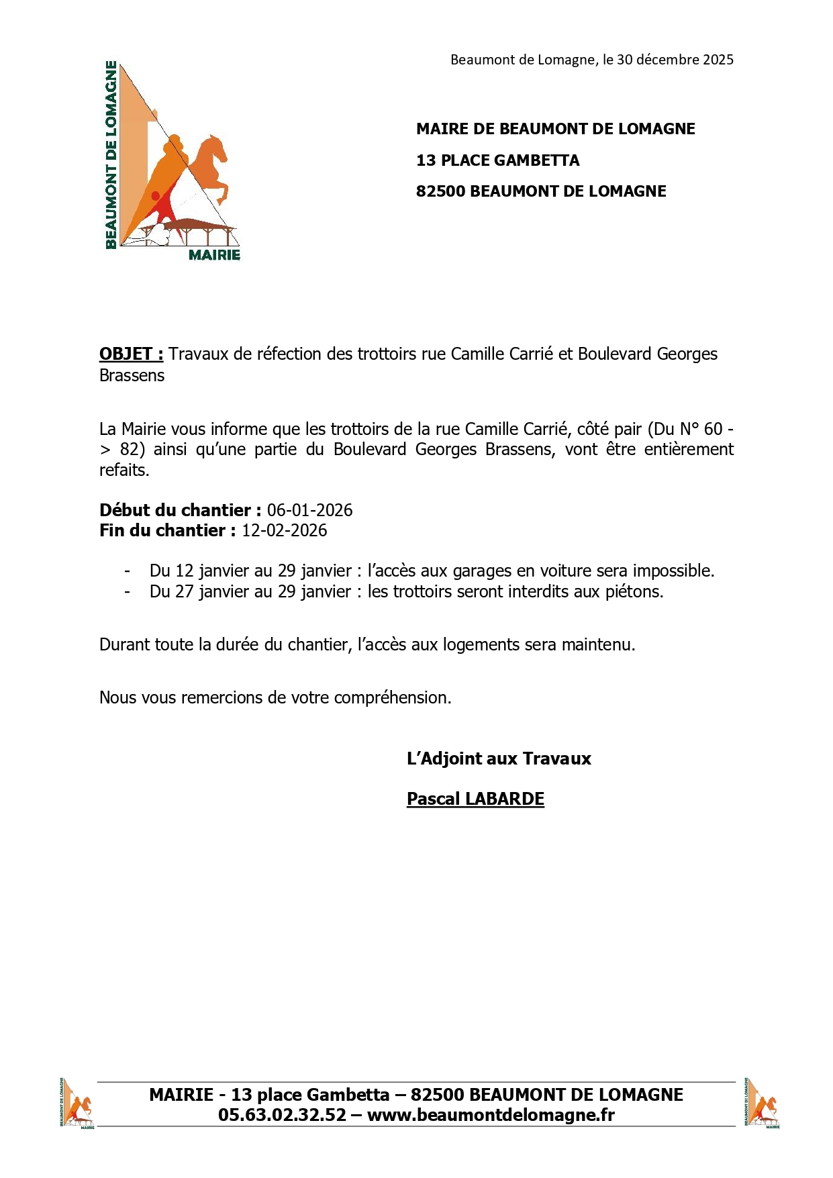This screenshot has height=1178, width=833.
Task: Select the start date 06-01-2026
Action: pyautogui.click(x=309, y=510)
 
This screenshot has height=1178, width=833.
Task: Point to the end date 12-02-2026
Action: pyautogui.click(x=284, y=530)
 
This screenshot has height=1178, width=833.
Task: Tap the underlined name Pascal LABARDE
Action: pyautogui.click(x=475, y=799)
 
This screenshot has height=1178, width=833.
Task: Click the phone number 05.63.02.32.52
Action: pyautogui.click(x=282, y=1115)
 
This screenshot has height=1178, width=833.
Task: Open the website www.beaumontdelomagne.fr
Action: pyautogui.click(x=491, y=1115)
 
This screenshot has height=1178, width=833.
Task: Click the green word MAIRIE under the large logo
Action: pyautogui.click(x=214, y=255)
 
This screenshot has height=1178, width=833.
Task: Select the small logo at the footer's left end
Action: pyautogui.click(x=77, y=1103)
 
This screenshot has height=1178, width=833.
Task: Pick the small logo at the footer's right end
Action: pyautogui.click(x=762, y=1103)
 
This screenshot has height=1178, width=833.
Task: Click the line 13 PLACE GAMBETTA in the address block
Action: pyautogui.click(x=497, y=160)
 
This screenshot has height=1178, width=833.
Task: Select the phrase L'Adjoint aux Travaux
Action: pyautogui.click(x=499, y=758)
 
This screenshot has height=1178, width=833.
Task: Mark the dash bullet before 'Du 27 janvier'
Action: pyautogui.click(x=127, y=591)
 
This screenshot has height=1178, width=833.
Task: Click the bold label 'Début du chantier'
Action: pyautogui.click(x=175, y=510)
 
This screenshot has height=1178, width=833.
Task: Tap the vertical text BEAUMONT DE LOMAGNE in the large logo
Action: pyautogui.click(x=111, y=154)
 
